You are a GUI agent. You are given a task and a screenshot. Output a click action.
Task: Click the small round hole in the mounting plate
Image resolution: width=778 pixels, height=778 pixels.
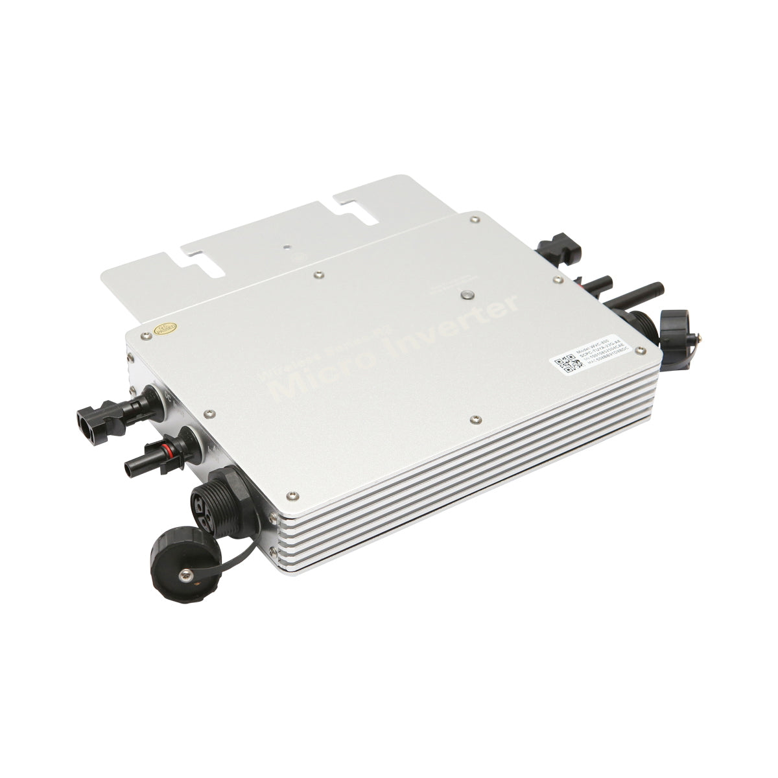(287, 246)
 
